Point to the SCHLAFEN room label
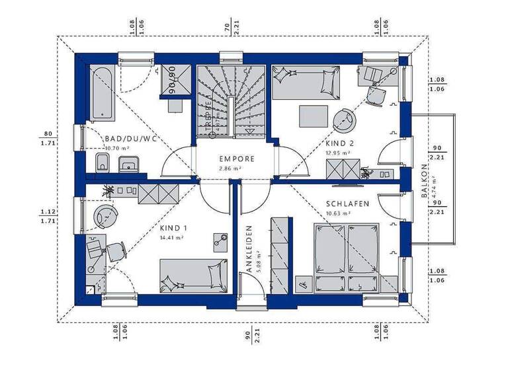pos(347,204)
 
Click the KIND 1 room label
pos(172,227)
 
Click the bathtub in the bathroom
pos(103,94)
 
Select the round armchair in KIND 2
pos(345,121)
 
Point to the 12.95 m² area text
pos(337,153)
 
